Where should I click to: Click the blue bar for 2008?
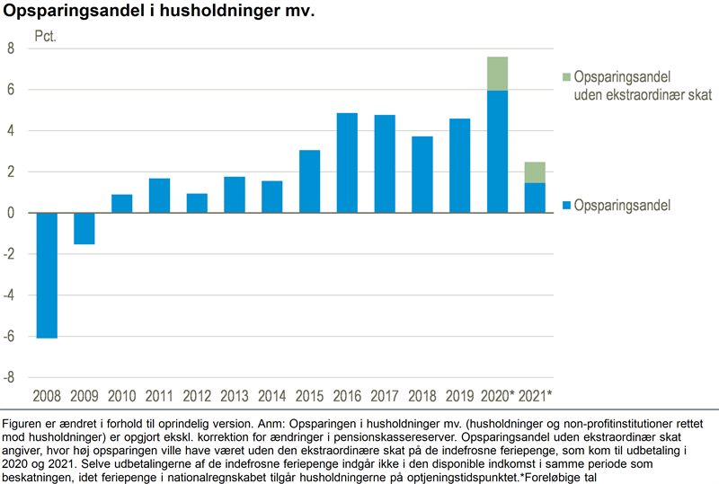pos(47,275)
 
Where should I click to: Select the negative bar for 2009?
pos(84,228)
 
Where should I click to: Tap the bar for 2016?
pos(346,163)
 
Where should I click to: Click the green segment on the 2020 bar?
pos(497,74)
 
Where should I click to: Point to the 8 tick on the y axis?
pos(11,48)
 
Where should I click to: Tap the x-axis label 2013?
pos(234,396)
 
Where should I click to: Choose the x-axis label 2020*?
pos(499,396)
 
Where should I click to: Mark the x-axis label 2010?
pos(121,396)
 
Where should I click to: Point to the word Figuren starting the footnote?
pos(26,424)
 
